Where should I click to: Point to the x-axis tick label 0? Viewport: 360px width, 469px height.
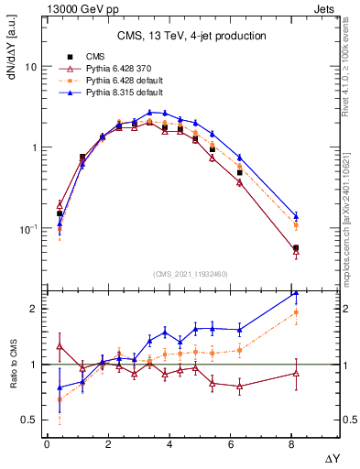(47, 444)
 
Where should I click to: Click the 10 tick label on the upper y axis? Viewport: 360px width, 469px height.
(29, 67)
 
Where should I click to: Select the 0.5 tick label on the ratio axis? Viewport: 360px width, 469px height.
(28, 420)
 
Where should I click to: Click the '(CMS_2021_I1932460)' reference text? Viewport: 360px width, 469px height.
(191, 274)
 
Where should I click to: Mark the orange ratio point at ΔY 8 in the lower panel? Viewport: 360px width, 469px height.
(295, 312)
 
